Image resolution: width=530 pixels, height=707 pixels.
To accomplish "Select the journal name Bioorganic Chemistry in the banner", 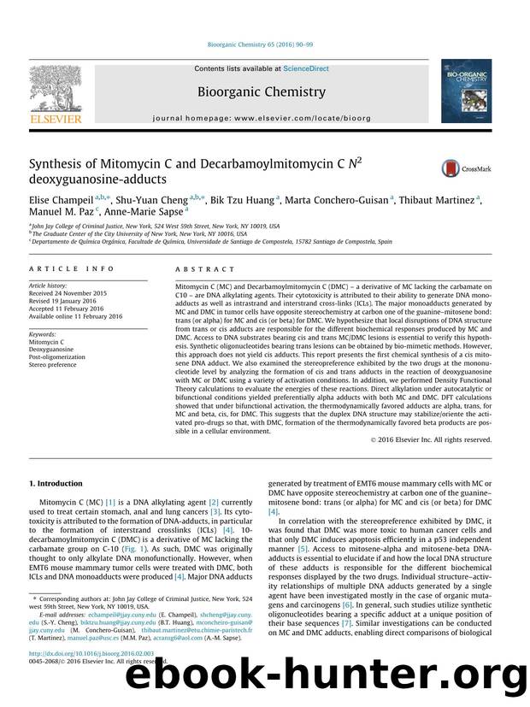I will click(x=261, y=91).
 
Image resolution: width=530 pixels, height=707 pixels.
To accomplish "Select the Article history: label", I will click(x=48, y=283).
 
